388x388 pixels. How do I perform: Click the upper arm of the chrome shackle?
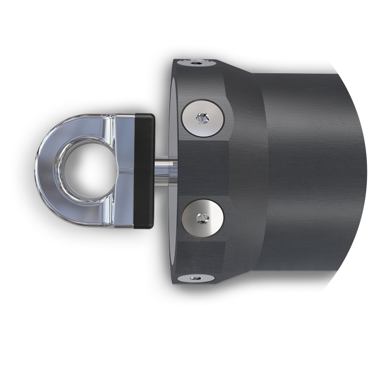click(x=97, y=123)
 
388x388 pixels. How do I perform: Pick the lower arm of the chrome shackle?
click(x=97, y=216)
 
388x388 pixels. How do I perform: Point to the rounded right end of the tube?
click(x=361, y=170)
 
